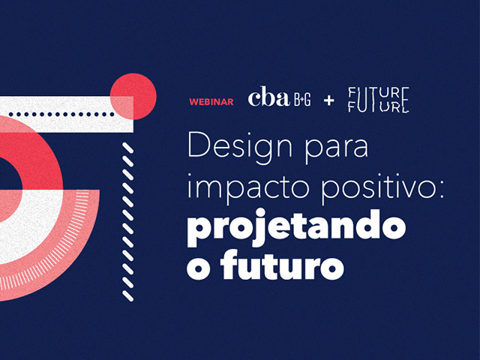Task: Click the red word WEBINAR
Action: pos(211,102)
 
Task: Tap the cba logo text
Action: pos(268,97)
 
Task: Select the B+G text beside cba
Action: pos(302,100)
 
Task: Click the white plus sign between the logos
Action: pos(329,100)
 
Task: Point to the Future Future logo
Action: pos(379,100)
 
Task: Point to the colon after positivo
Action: pos(441,190)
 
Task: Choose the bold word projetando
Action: pos(296,228)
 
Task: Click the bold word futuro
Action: pos(282,265)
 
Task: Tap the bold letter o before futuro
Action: pos(198,268)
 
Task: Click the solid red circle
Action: pos(133,97)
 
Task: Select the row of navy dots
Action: pos(61,115)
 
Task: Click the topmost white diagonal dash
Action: pos(128,148)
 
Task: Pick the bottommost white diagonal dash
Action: pos(128,296)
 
